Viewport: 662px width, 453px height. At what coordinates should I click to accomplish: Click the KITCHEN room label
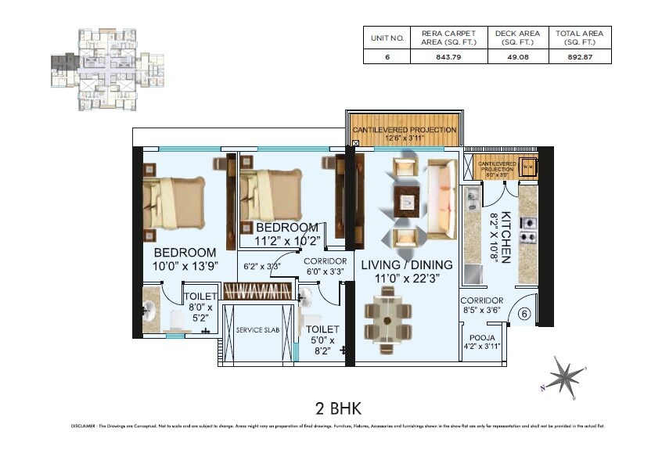click(x=506, y=237)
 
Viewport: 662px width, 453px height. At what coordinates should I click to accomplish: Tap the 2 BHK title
click(x=331, y=408)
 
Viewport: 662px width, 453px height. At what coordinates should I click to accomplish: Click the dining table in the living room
click(x=387, y=318)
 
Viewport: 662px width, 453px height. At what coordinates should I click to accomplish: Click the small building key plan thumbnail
click(x=107, y=70)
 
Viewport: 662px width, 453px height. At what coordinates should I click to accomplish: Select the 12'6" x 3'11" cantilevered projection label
click(x=404, y=134)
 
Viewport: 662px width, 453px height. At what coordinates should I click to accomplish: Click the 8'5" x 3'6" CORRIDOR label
click(x=481, y=305)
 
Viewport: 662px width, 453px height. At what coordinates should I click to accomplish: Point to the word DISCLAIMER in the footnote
click(x=82, y=426)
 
